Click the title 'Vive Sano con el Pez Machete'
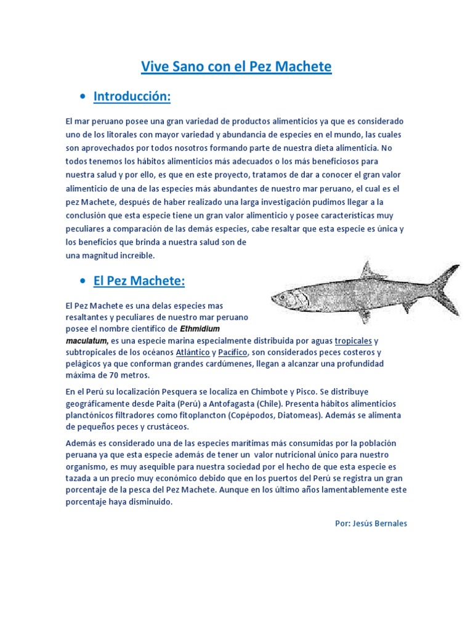pos(236,66)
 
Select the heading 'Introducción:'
pos(131,97)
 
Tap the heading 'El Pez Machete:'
pos(139,281)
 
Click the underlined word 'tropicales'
pos(354,341)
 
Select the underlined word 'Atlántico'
pos(193,353)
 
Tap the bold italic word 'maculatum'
pos(86,340)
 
